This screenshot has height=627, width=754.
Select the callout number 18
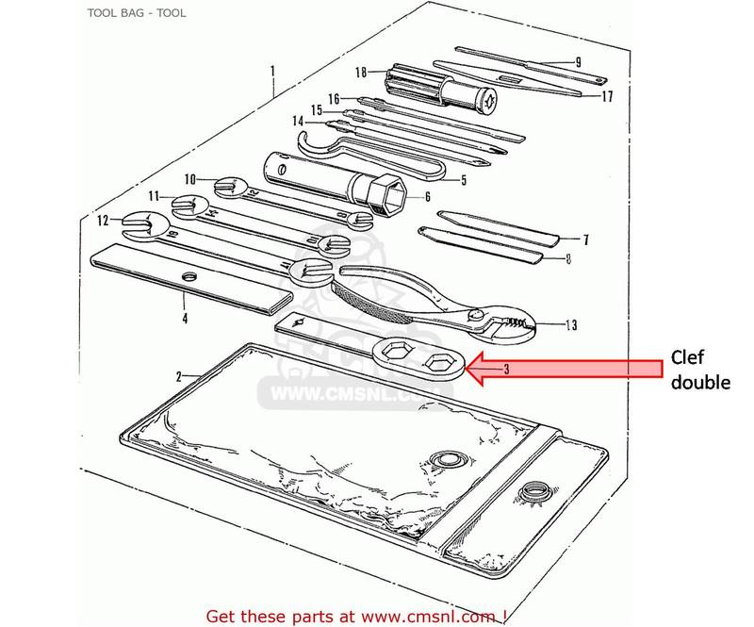coord(360,72)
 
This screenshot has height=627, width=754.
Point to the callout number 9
coord(577,62)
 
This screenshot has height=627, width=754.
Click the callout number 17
coord(607,95)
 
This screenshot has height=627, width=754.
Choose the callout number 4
coord(185,319)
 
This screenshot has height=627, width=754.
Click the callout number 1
coord(272,71)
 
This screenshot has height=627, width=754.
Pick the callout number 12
coord(103,221)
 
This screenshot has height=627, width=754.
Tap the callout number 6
coord(427,197)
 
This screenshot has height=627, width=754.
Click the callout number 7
coord(584,239)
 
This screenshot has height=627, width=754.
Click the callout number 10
coord(189,178)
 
